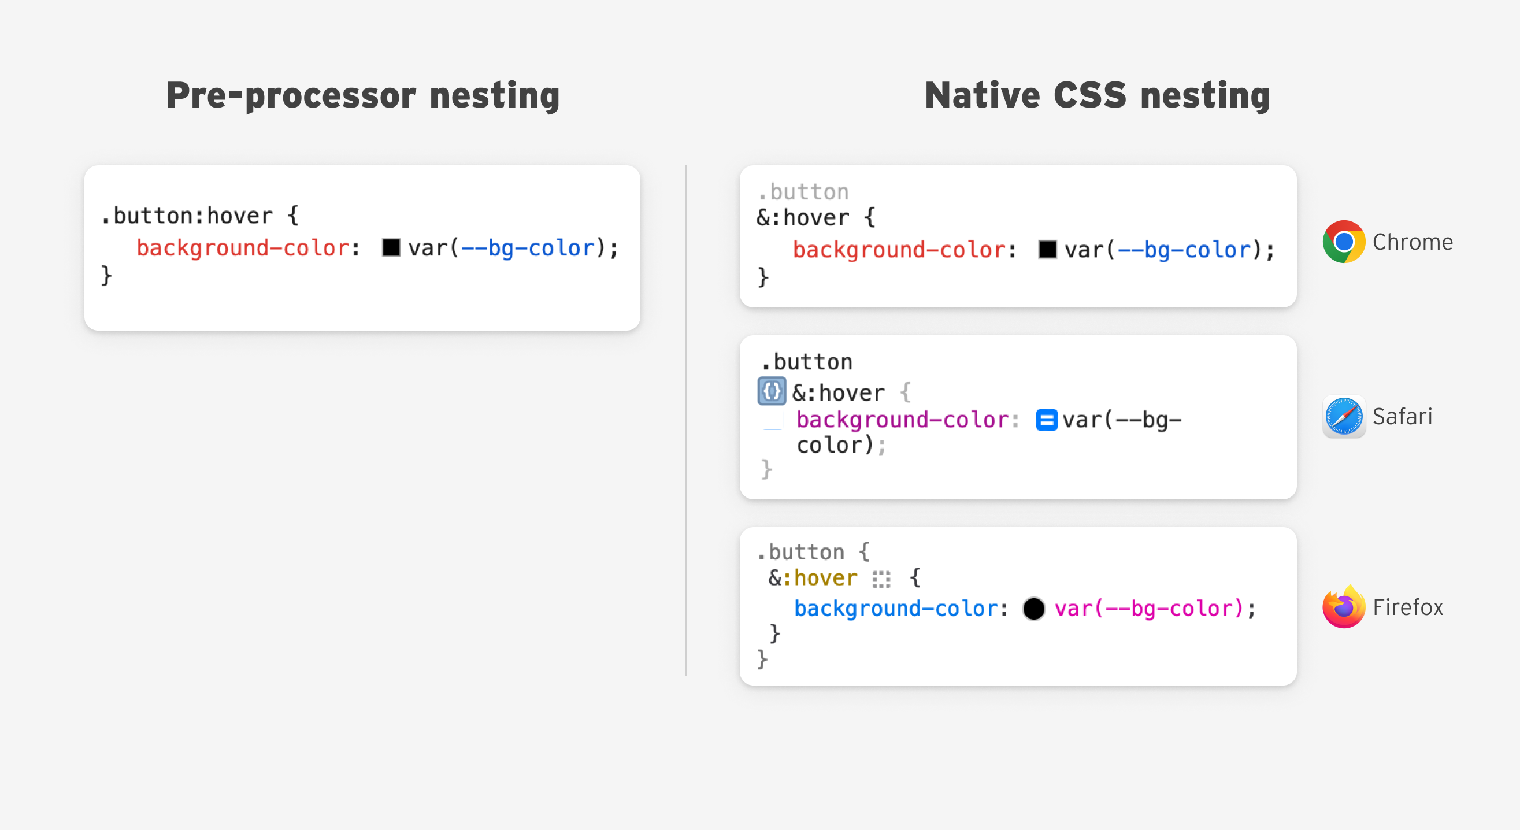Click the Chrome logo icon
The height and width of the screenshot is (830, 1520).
pyautogui.click(x=1344, y=241)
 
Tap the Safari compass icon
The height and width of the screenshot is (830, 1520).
pyautogui.click(x=1344, y=417)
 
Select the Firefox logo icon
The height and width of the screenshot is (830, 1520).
pyautogui.click(x=1344, y=606)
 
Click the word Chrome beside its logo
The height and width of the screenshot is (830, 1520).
pyautogui.click(x=1413, y=242)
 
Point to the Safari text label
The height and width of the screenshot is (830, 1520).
pyautogui.click(x=1402, y=417)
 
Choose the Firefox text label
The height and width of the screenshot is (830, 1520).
pyautogui.click(x=1408, y=607)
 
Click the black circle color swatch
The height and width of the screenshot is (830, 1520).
pyautogui.click(x=1033, y=608)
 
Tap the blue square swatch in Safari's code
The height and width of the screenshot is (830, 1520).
pyautogui.click(x=1046, y=420)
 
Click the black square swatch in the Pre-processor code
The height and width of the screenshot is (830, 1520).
pyautogui.click(x=391, y=248)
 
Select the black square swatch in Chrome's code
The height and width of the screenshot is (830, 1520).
pyautogui.click(x=1047, y=250)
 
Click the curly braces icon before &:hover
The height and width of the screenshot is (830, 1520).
pyautogui.click(x=771, y=391)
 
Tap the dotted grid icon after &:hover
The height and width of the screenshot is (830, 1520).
pyautogui.click(x=881, y=579)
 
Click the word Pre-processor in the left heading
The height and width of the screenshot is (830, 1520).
pyautogui.click(x=291, y=95)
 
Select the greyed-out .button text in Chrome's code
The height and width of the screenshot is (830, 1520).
pyautogui.click(x=803, y=192)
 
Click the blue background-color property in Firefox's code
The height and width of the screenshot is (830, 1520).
pyautogui.click(x=896, y=608)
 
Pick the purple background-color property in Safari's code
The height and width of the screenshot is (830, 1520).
pyautogui.click(x=903, y=420)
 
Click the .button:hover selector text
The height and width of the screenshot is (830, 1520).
pyautogui.click(x=187, y=216)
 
